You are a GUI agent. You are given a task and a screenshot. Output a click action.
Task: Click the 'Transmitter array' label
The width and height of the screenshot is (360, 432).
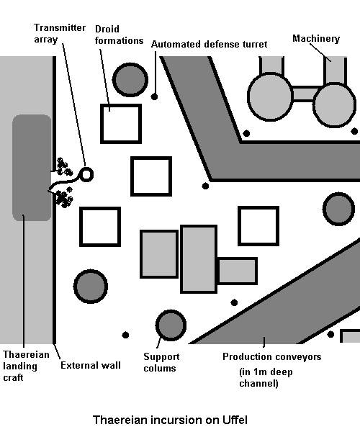tap(60, 33)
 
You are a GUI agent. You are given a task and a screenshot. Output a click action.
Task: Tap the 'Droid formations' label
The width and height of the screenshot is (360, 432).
tap(119, 35)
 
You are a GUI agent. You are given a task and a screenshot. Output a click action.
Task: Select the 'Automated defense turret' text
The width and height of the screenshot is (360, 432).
tap(209, 45)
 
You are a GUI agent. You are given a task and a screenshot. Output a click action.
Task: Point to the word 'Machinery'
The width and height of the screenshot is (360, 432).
tap(316, 39)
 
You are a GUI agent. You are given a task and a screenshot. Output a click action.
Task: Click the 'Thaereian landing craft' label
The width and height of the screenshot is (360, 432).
tap(26, 366)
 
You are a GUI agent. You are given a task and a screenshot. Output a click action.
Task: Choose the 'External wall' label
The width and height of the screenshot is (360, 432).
tap(91, 365)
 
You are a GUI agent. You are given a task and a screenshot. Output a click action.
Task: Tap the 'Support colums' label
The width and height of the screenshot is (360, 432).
tap(161, 362)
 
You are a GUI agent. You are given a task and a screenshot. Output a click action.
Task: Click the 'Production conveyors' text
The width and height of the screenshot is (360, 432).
tap(272, 357)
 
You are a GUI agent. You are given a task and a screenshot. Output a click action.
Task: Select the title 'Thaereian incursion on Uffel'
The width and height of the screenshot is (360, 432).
tap(170, 420)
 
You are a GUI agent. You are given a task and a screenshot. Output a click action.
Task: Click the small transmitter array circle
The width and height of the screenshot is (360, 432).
tap(86, 175)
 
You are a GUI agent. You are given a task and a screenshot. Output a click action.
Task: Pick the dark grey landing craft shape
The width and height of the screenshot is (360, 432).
tap(32, 168)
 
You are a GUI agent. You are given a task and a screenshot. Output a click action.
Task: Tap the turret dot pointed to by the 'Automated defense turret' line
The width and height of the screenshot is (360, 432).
tap(155, 96)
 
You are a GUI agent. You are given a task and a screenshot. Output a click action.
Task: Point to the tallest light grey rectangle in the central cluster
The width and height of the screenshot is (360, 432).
tap(199, 259)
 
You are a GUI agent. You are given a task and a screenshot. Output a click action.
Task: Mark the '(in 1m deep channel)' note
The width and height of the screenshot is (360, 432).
tap(266, 377)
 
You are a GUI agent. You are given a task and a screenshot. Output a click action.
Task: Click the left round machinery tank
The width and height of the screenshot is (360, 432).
tap(270, 96)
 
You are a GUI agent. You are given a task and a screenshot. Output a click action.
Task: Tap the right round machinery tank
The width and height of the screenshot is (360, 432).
tap(334, 104)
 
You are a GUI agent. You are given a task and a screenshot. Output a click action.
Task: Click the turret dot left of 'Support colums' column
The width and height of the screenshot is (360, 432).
tap(125, 335)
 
